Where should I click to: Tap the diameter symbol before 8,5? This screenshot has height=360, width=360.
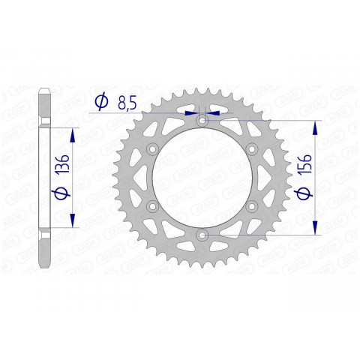pos(100,102)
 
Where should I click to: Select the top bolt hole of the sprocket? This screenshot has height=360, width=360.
pos(201,120)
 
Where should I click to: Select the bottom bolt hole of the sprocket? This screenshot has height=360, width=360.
pos(201,235)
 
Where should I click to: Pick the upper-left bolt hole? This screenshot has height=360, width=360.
pos(151,149)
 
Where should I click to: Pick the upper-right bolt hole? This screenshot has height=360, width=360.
pos(251,149)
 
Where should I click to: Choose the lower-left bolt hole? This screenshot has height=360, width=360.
pos(151,207)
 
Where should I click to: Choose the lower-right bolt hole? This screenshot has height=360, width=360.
pos(251,207)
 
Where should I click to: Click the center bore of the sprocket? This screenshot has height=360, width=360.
pos(201,178)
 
